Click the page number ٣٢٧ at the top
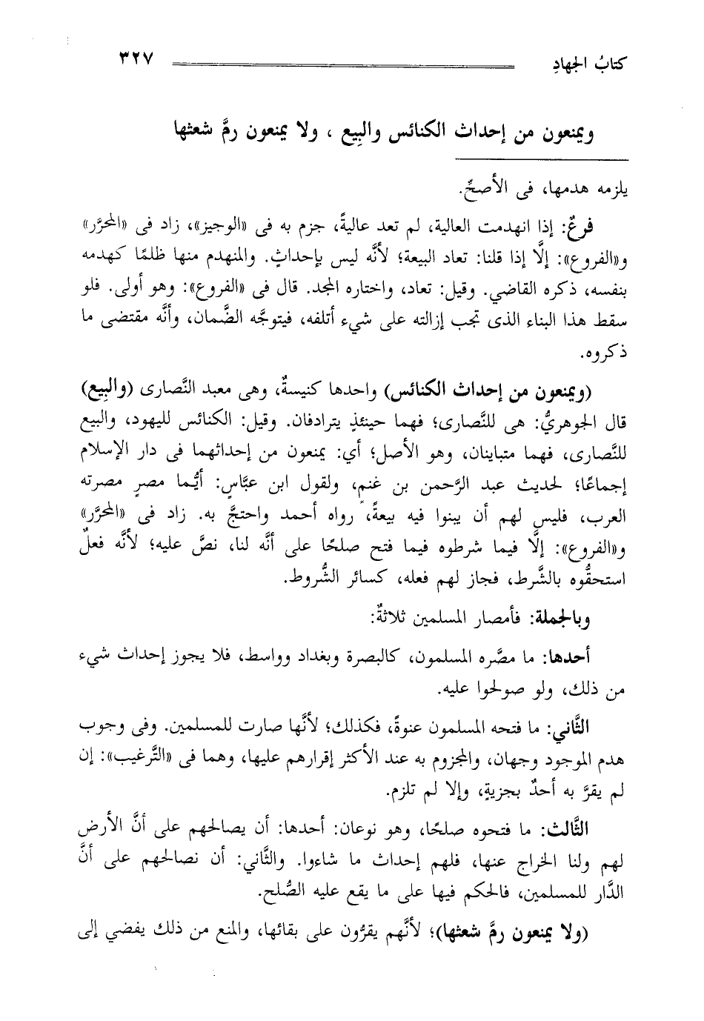point(133,59)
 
